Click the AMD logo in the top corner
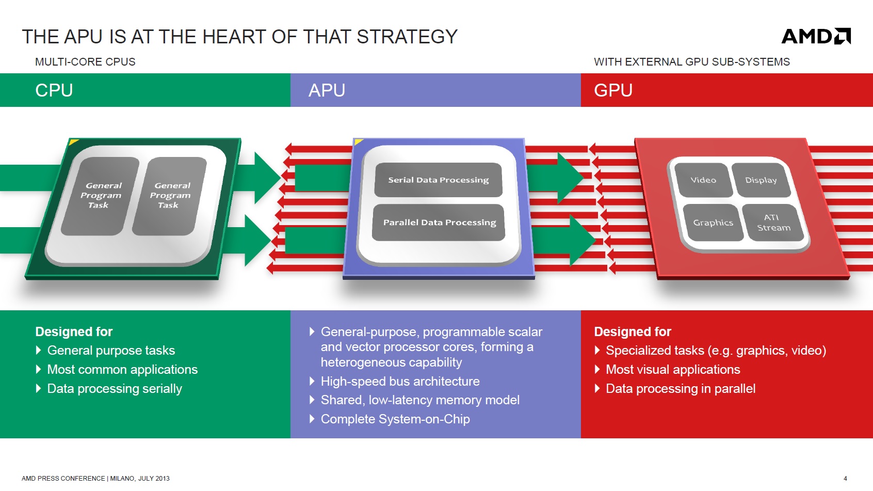pos(816,36)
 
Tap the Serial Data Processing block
pos(438,180)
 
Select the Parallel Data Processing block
pos(439,223)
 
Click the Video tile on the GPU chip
pos(703,180)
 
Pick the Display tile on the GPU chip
pos(761,180)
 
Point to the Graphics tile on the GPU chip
pos(713,223)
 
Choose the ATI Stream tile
pos(773,223)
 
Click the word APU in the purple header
pos(327,90)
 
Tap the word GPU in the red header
pos(613,90)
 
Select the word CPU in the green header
pos(54,90)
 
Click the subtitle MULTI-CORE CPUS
pos(85,62)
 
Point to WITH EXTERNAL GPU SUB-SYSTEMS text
pos(691,62)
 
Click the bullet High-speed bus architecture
pos(400,382)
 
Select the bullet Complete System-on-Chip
pos(395,419)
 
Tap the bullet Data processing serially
pos(115,389)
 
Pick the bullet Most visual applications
pos(673,370)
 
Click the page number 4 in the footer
pos(845,479)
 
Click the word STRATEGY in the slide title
pos(407,37)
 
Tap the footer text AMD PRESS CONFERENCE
pos(63,479)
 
